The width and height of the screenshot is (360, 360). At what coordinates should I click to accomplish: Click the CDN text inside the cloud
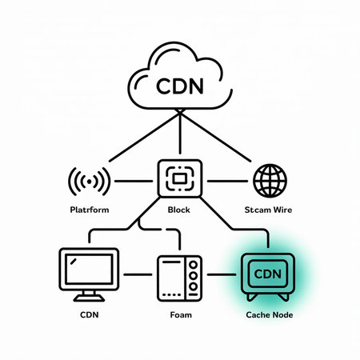point(179,85)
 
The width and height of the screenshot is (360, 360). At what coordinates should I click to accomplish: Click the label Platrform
point(90,210)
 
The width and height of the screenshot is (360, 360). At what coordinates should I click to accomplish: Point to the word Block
point(179,210)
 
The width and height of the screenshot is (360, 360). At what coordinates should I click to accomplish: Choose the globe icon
point(270,181)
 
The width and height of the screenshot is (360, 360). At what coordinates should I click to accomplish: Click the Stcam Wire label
point(270,210)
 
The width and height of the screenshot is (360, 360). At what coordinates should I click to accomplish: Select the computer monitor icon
point(89,272)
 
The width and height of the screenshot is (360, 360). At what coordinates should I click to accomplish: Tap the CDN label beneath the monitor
point(89,315)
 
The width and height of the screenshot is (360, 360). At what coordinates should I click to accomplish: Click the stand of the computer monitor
point(89,298)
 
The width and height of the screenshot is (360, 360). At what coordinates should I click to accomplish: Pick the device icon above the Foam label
point(179,278)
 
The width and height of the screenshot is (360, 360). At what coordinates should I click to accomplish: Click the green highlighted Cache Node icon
point(269,276)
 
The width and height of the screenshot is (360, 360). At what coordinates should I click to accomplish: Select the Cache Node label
point(269,315)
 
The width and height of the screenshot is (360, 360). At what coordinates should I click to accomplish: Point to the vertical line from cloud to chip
point(179,136)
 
